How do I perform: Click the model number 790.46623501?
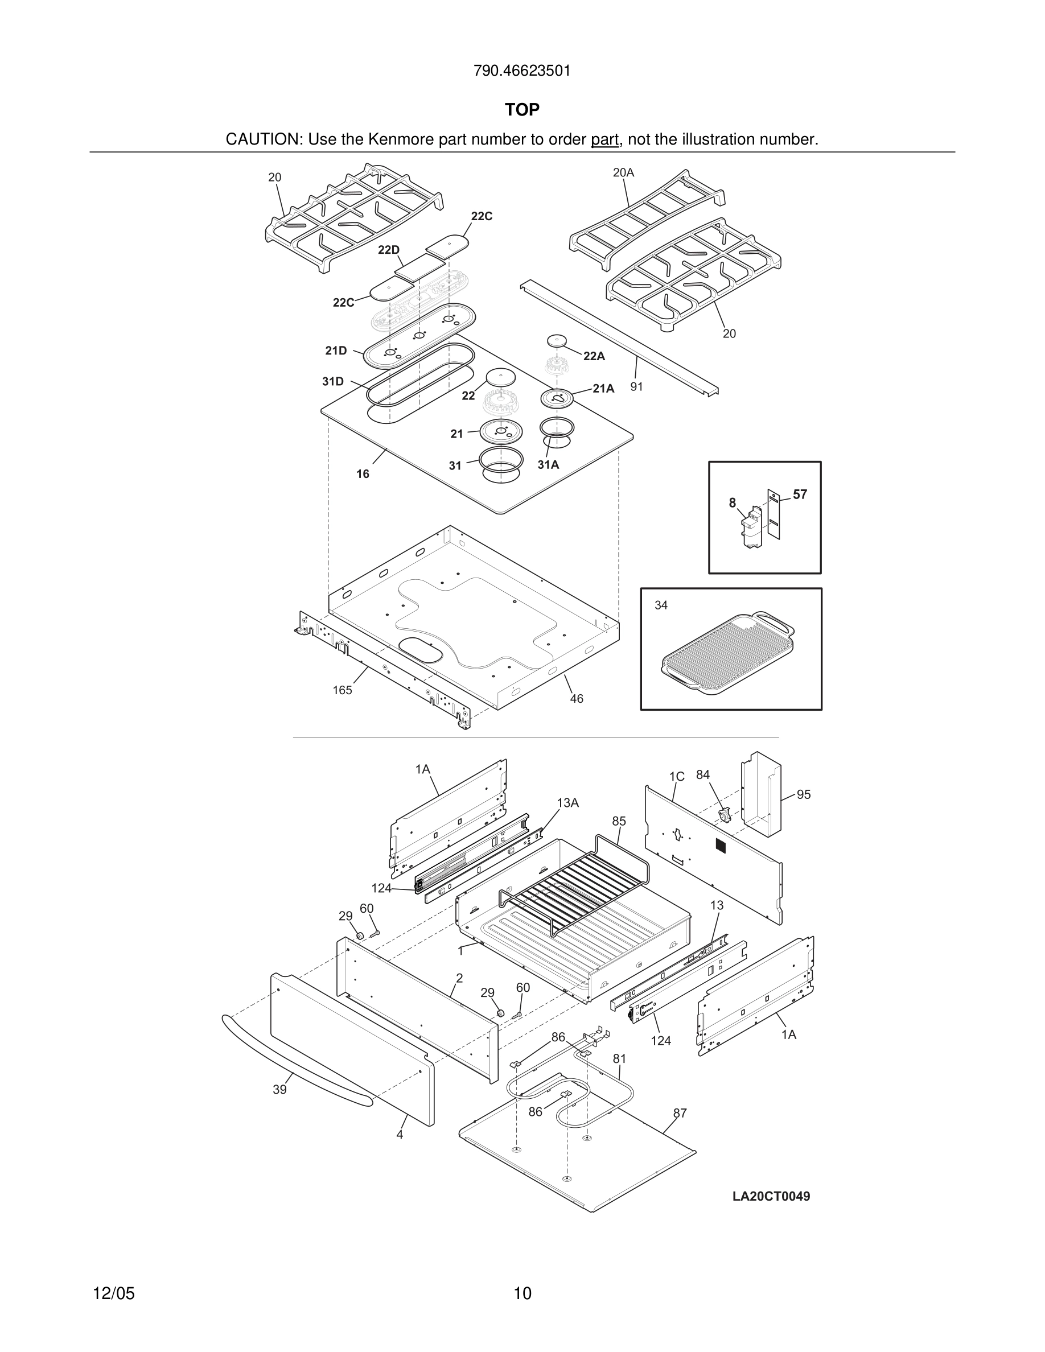pos(522,71)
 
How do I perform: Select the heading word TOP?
pos(522,110)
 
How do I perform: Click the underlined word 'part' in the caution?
pos(604,140)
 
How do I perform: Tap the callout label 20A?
pos(623,173)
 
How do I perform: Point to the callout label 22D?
pos(389,249)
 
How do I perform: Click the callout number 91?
pos(636,386)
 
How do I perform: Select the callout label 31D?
pos(333,381)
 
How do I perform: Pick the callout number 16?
pos(363,473)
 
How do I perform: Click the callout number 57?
pos(800,494)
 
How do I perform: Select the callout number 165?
pos(342,690)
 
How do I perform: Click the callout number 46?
pos(577,698)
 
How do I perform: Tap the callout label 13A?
pos(567,803)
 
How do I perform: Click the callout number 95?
pos(804,794)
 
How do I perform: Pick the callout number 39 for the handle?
pos(280,1090)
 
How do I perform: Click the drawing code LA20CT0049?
pos(771,1197)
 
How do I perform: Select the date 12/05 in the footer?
pos(114,1293)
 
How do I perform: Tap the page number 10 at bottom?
pos(522,1293)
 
